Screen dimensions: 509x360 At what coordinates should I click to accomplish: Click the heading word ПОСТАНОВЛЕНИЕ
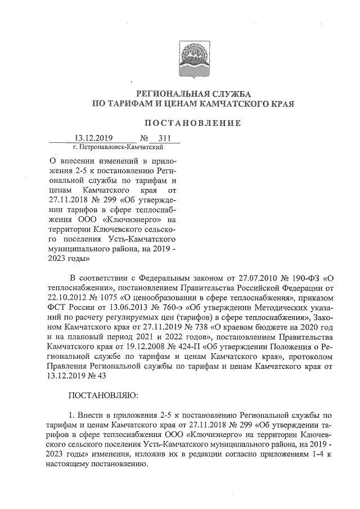click(193, 123)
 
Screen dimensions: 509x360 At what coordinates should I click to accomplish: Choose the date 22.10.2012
click(70, 299)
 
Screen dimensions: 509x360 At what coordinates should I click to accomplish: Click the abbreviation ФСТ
click(59, 309)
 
